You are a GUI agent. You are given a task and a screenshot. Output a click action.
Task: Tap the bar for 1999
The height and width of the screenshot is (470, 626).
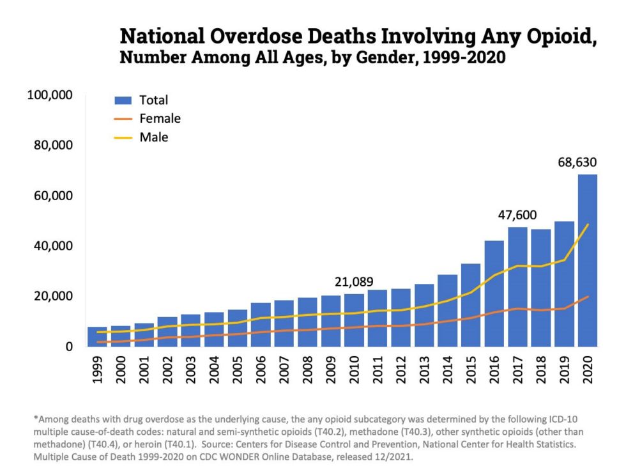pyautogui.click(x=97, y=336)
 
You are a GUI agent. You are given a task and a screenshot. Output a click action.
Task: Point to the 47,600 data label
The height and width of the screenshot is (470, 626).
pyautogui.click(x=517, y=215)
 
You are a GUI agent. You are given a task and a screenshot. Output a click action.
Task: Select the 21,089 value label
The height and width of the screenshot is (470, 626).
pyautogui.click(x=354, y=282)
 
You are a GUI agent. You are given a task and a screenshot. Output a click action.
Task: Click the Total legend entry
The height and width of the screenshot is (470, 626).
pyautogui.click(x=153, y=100)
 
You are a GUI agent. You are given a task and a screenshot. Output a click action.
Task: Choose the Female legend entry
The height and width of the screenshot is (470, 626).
pyautogui.click(x=160, y=119)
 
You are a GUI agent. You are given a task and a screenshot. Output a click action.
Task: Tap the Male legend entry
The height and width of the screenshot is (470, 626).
pyautogui.click(x=153, y=137)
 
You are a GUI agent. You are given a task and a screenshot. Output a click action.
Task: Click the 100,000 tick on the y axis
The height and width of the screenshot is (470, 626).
pyautogui.click(x=50, y=95)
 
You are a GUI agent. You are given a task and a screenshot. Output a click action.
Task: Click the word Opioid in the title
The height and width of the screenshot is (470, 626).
pyautogui.click(x=556, y=36)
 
